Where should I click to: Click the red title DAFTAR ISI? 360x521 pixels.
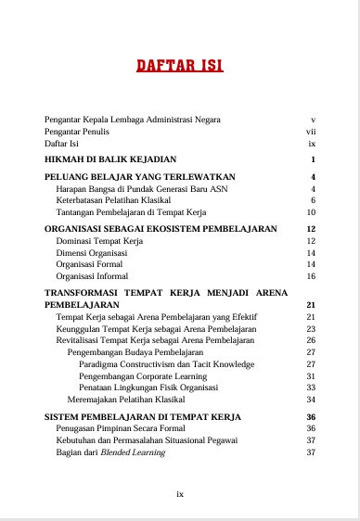179,66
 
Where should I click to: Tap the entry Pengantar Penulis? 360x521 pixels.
77,132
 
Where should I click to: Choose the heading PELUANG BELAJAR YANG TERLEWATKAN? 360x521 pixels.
139,175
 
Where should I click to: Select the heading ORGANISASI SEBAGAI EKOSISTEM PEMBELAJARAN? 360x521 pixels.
161,228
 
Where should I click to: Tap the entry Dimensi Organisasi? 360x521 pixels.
91,252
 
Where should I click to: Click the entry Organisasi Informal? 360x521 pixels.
94,276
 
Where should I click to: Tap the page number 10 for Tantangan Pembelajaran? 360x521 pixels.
312,211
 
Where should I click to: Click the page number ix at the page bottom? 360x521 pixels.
180,494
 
